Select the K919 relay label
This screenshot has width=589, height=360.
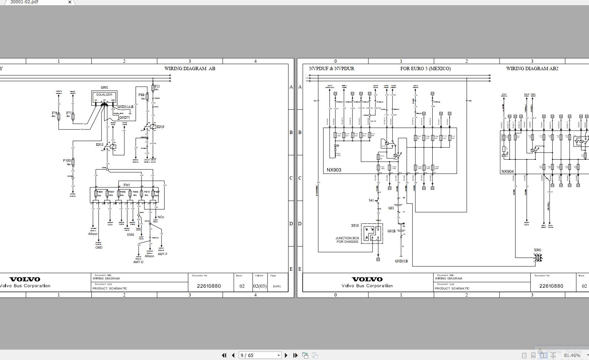(x=160, y=127)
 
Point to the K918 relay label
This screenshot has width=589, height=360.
(x=100, y=145)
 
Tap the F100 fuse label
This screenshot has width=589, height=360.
(x=67, y=161)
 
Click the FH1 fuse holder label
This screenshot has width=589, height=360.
(x=127, y=185)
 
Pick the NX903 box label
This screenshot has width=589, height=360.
(x=334, y=170)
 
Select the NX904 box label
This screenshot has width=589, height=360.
(x=507, y=171)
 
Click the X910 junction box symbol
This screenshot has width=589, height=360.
(x=372, y=233)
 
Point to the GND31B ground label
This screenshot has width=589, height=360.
(x=401, y=261)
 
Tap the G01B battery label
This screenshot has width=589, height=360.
(x=391, y=231)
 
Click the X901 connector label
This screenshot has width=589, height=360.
(x=537, y=250)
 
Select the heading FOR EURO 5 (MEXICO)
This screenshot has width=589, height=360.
(x=425, y=69)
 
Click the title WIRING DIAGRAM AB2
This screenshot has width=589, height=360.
(x=532, y=69)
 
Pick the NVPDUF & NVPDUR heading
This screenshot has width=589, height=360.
(x=332, y=69)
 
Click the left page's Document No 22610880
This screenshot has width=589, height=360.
(x=209, y=286)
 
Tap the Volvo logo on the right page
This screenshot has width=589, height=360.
(x=367, y=279)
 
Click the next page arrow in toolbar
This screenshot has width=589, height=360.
(x=286, y=355)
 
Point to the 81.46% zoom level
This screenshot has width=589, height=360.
(x=572, y=355)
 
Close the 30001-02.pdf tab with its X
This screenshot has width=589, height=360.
(x=69, y=2)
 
